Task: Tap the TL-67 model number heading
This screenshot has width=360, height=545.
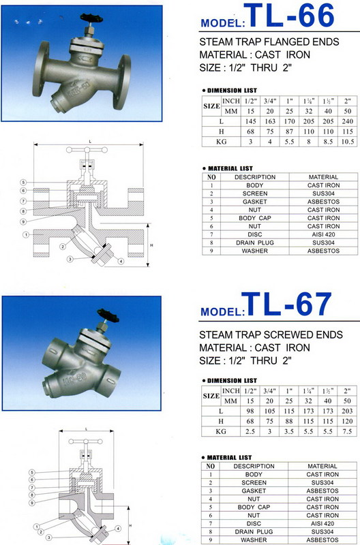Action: coord(286,304)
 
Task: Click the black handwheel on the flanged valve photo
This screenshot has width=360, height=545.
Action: coord(91,18)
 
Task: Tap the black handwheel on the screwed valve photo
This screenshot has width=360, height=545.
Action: coord(108,315)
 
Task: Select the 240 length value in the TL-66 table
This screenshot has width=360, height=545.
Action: coord(347,121)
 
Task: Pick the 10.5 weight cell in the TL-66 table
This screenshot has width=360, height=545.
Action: coord(347,142)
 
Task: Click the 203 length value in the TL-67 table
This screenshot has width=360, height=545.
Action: coord(347,411)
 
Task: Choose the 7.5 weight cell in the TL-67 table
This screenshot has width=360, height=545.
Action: coord(347,431)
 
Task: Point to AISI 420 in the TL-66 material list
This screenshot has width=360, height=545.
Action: coord(323,234)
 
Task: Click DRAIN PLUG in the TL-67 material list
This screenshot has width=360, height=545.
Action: coord(254,532)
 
